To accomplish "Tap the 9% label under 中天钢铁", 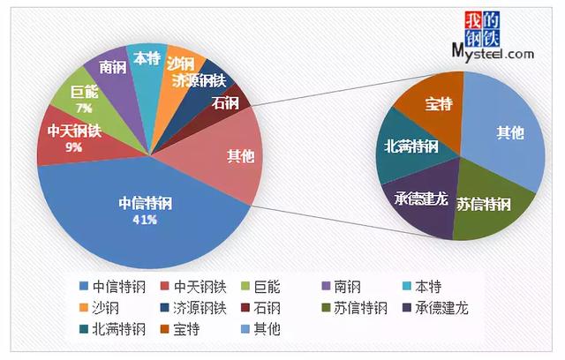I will (73, 147).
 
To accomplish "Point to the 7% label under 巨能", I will (85, 108).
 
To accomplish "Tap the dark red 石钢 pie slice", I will (227, 102).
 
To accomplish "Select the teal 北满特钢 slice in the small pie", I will (411, 146).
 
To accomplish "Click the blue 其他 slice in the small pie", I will (508, 132).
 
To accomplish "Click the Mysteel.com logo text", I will (494, 53).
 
